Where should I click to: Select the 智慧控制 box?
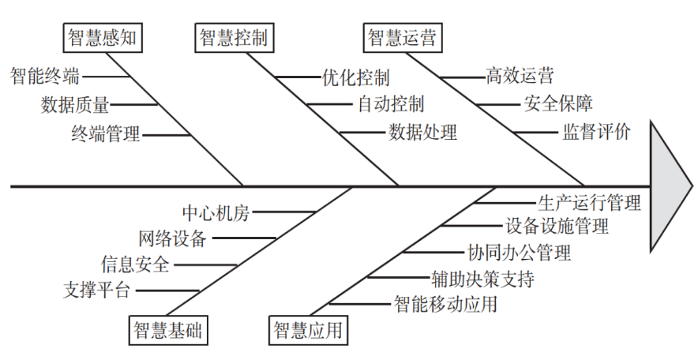[232, 36]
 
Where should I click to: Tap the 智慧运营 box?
[403, 36]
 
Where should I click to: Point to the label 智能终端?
[45, 77]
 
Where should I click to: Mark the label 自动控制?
[391, 103]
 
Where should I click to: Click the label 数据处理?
[422, 132]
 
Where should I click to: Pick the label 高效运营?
[520, 77]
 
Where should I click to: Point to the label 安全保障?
[558, 103]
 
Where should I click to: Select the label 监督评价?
[596, 132]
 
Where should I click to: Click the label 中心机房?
[216, 212]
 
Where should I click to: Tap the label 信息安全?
[135, 264]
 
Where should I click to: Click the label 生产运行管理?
[589, 203]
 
